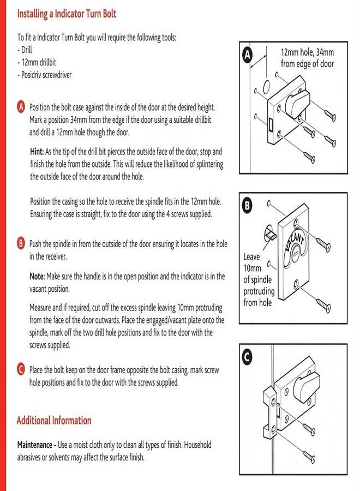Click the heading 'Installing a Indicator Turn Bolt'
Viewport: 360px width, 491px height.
(x=67, y=14)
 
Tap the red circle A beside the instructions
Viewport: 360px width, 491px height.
(x=21, y=107)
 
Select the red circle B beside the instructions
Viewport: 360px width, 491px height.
(x=21, y=243)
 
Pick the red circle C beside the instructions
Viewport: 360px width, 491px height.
(x=21, y=369)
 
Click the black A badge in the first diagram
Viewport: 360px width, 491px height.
(x=247, y=55)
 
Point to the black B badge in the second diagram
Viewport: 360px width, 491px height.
(x=247, y=206)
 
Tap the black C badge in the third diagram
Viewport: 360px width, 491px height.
(x=247, y=357)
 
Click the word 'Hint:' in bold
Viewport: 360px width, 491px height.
(x=37, y=152)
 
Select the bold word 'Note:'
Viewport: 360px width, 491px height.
(x=37, y=276)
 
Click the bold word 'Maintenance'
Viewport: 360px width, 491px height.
(x=35, y=445)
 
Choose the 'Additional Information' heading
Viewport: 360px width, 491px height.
(x=54, y=420)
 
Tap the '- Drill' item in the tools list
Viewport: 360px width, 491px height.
(x=25, y=50)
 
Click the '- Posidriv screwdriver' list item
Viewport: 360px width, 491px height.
(x=44, y=75)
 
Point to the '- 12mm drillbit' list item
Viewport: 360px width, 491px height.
(x=37, y=63)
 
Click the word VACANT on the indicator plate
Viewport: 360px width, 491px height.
(x=295, y=243)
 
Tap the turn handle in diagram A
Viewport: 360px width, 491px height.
(x=297, y=103)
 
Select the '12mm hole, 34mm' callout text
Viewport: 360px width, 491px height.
(x=307, y=52)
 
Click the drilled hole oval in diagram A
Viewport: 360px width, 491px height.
(x=266, y=87)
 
